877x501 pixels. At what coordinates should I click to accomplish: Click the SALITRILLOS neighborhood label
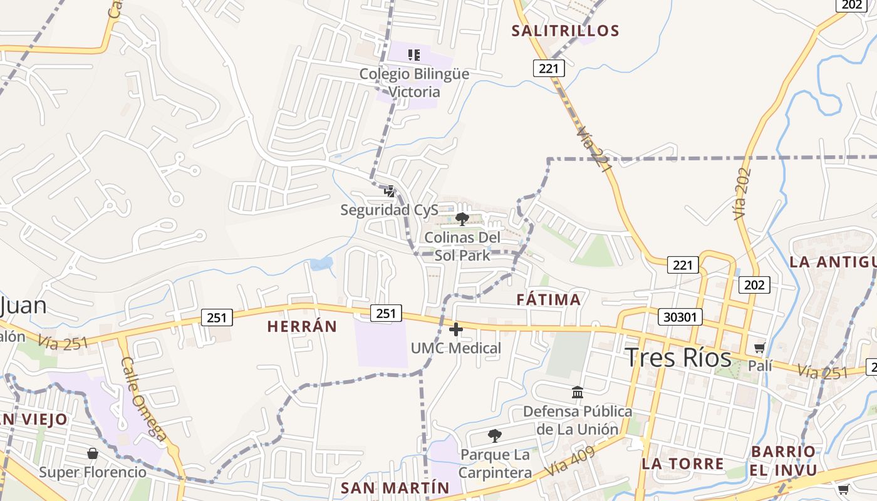point(566,31)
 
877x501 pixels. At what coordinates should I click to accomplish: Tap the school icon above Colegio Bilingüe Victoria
point(413,55)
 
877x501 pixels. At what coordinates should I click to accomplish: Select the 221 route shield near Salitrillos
point(549,68)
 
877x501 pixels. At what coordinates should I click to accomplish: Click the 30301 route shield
point(680,317)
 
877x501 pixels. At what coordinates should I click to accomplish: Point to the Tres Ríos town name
point(678,358)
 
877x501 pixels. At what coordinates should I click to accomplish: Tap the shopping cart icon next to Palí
point(760,348)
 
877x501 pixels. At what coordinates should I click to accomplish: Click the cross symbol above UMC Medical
point(456,329)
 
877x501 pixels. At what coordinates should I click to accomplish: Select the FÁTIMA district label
point(549,300)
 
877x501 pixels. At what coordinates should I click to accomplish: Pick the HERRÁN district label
point(302,326)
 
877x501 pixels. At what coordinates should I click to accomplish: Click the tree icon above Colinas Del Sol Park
point(462,219)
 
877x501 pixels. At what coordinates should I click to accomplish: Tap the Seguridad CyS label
point(389,210)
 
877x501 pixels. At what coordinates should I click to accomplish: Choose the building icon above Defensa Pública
point(578,393)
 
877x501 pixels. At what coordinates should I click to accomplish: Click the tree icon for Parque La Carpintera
point(495,435)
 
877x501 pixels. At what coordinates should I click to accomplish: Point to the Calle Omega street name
point(143,399)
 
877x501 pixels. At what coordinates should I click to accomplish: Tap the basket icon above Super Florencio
point(93,453)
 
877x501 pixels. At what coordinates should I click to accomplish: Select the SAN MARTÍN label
point(395,487)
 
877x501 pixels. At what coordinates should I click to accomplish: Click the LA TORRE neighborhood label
point(683,464)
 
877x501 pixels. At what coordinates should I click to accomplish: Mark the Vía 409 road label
point(569,462)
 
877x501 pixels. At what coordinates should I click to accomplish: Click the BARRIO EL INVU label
point(784,461)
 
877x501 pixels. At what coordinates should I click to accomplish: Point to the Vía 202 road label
point(742,193)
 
